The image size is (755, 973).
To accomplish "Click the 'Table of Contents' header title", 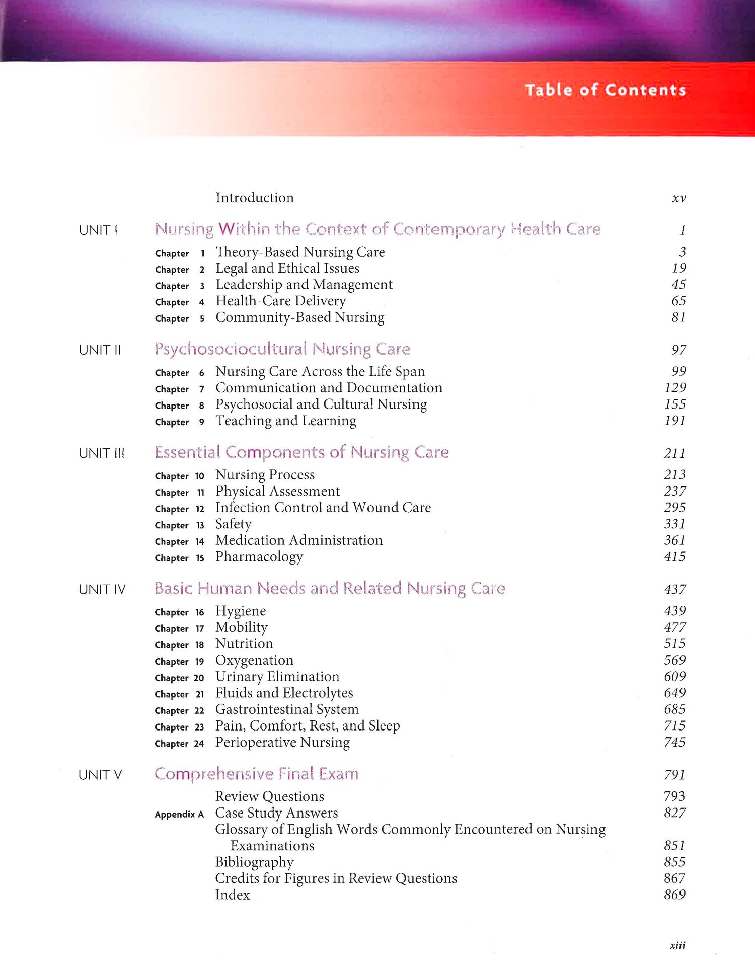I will [x=606, y=90].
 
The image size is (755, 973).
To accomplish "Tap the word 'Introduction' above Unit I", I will [x=255, y=198].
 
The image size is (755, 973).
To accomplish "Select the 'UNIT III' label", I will [x=101, y=453].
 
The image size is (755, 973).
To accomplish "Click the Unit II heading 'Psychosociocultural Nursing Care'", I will [x=282, y=349].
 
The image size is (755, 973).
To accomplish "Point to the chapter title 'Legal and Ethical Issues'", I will [x=287, y=269].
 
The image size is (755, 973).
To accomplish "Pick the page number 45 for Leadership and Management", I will [x=678, y=285].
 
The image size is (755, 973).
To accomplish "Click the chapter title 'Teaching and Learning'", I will [x=286, y=421].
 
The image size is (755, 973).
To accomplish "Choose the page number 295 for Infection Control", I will [x=674, y=508].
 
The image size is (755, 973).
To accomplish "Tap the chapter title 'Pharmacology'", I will [x=259, y=557].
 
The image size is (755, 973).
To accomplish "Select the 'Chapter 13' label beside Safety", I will [x=179, y=525].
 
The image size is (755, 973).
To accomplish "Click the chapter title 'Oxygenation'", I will [x=254, y=661].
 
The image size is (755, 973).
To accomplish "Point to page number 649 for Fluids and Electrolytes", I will [x=674, y=693].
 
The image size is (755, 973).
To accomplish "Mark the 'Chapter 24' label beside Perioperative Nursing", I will [x=179, y=744].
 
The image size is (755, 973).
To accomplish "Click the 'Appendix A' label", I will [x=179, y=814].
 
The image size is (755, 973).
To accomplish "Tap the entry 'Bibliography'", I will [x=254, y=862].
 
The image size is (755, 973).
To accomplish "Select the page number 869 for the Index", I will [x=674, y=895].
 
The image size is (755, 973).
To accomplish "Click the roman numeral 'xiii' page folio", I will [x=677, y=945].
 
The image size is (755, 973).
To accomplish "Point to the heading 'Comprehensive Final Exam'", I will [x=256, y=774].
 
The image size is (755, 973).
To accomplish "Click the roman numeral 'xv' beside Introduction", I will [x=678, y=198].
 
